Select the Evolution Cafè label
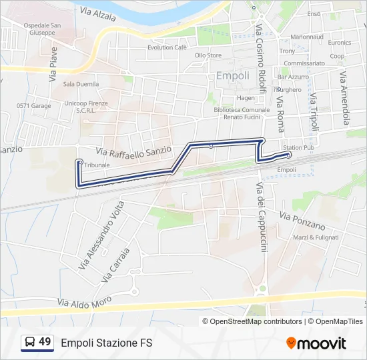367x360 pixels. tap(167, 47)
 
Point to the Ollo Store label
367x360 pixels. tap(208, 55)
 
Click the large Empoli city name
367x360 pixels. tap(233, 76)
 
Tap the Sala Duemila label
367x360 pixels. tap(81, 84)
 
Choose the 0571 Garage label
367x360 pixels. tap(33, 105)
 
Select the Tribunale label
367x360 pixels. tap(97, 165)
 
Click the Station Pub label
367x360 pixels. tap(298, 147)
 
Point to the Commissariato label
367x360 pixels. tap(304, 63)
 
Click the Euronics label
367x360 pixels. tap(340, 41)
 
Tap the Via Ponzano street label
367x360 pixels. tap(302, 219)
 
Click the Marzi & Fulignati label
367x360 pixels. tap(316, 237)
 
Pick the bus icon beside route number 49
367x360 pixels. tap(30, 343)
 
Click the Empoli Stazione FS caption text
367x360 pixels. tap(107, 343)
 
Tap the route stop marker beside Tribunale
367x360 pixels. tap(79, 162)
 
